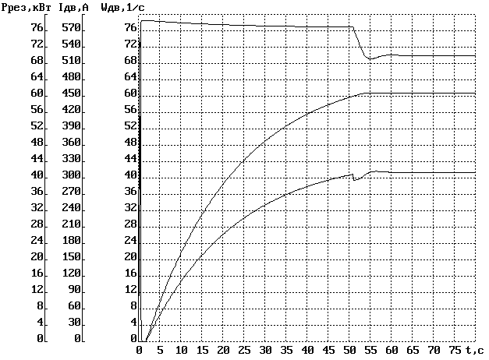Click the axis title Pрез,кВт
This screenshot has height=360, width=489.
pyautogui.click(x=27, y=8)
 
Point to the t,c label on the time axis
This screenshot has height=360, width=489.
pyautogui.click(x=473, y=350)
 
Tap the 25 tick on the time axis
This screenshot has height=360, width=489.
pyautogui.click(x=244, y=350)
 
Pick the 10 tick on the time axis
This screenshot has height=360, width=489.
pyautogui.click(x=181, y=350)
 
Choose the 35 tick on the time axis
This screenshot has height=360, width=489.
pyautogui.click(x=286, y=350)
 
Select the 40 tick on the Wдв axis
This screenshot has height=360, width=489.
pyautogui.click(x=130, y=175)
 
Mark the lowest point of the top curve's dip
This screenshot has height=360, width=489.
pyautogui.click(x=370, y=59)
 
